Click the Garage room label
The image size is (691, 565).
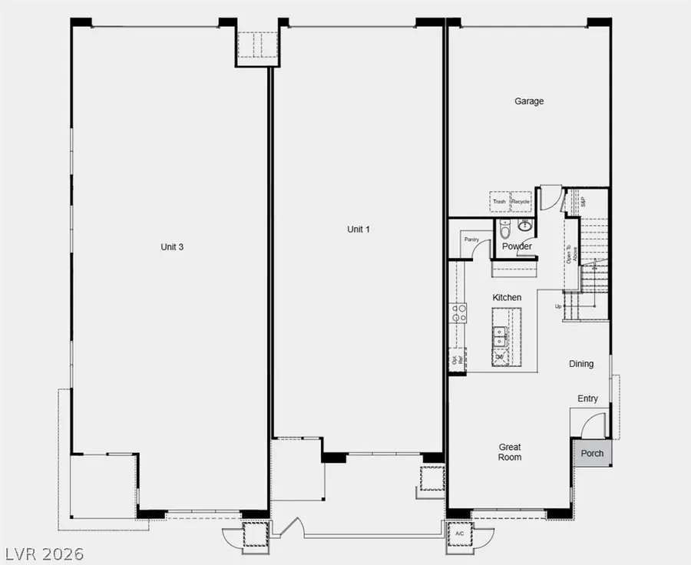tap(529, 101)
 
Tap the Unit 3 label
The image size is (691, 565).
tap(172, 247)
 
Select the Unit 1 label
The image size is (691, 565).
tap(359, 229)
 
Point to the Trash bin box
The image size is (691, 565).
tap(500, 202)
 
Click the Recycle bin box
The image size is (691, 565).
tap(521, 202)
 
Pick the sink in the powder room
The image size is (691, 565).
tap(525, 225)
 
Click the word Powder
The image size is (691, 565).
tap(517, 246)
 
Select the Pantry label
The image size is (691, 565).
tap(471, 240)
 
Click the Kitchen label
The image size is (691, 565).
tap(507, 298)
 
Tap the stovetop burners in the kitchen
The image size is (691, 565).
tap(458, 312)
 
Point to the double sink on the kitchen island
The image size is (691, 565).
tap(500, 335)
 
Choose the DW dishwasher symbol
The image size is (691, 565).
tap(500, 357)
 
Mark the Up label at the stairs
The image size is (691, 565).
tap(558, 307)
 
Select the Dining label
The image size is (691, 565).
tap(581, 364)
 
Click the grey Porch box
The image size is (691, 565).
tap(592, 453)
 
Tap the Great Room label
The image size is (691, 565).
tap(510, 452)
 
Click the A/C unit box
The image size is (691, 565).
tap(460, 534)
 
